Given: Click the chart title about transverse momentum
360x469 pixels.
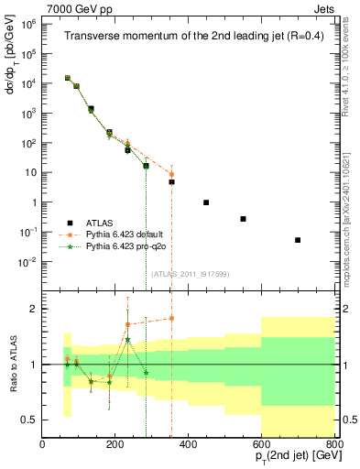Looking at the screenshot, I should (186, 36).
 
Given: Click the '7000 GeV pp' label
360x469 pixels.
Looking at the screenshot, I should (36, 6).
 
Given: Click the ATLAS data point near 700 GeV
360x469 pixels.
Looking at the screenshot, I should (298, 240).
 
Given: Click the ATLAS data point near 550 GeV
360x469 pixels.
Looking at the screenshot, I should (243, 219).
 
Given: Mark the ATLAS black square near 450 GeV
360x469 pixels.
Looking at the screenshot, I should (206, 202).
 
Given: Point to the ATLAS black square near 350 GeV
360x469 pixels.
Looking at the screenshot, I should (171, 181).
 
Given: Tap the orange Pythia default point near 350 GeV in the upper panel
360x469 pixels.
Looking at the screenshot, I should (171, 174).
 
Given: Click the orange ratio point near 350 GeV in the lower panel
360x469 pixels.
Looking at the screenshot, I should (171, 319).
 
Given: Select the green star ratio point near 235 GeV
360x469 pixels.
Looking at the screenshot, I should (127, 340).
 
